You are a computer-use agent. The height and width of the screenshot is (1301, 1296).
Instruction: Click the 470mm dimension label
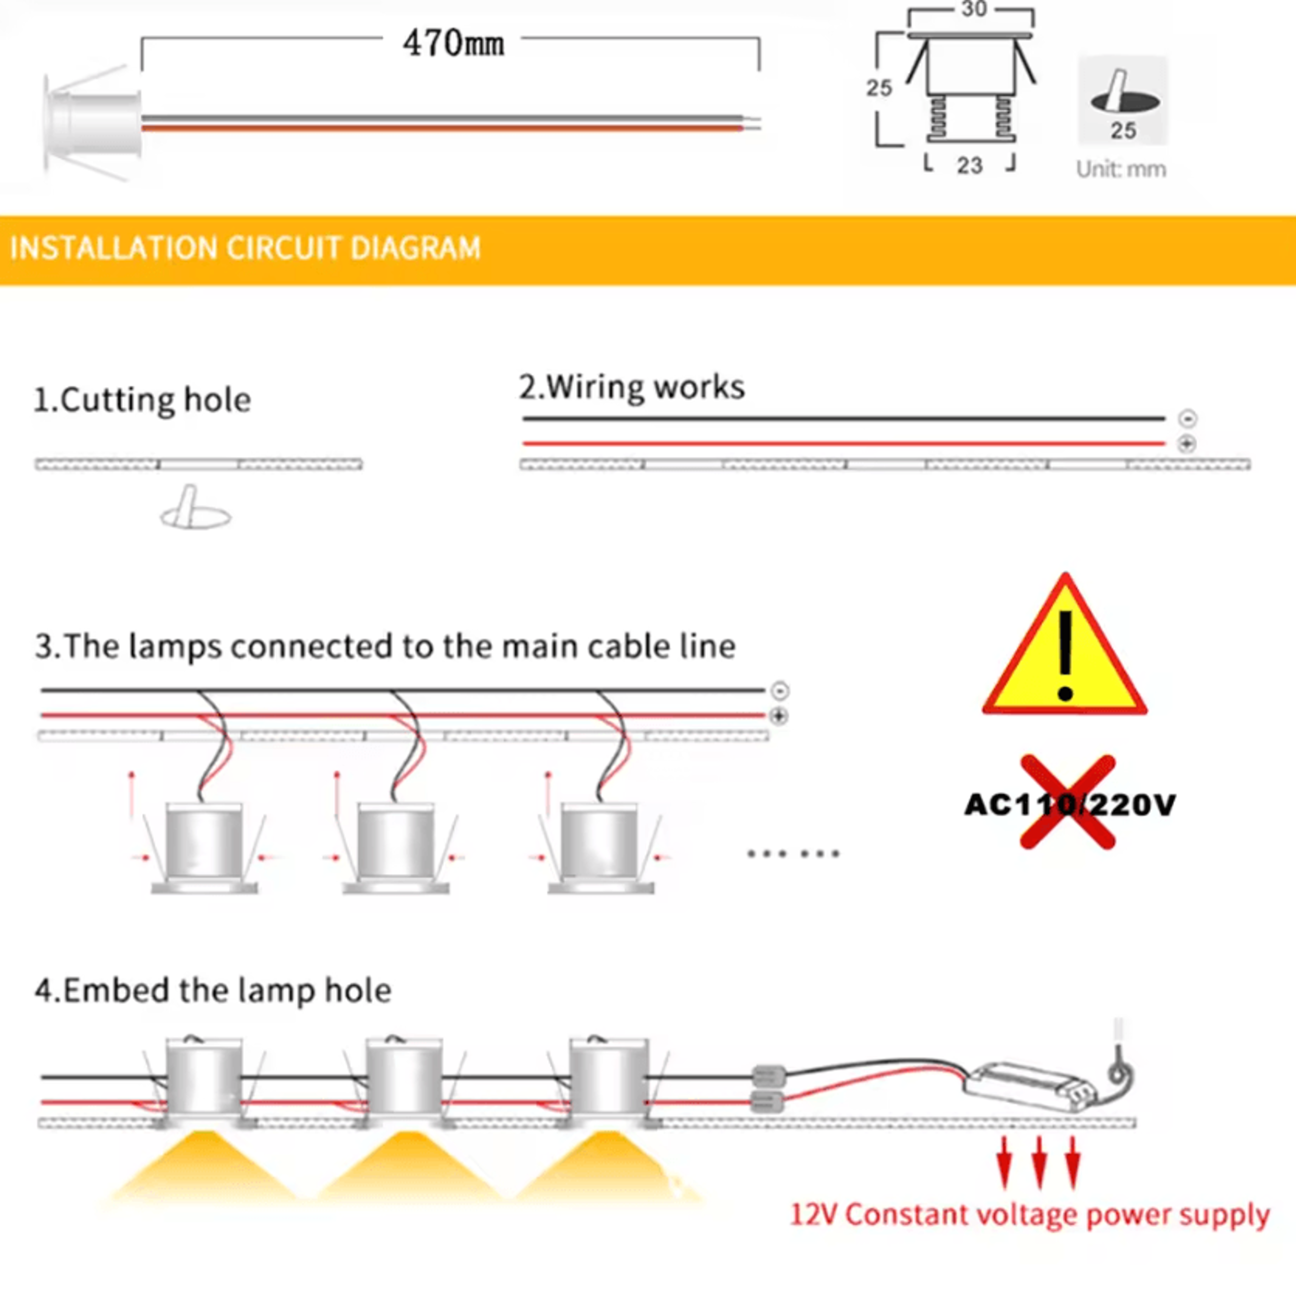click(x=453, y=44)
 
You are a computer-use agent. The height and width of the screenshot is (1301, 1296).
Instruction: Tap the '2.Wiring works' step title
click(x=631, y=387)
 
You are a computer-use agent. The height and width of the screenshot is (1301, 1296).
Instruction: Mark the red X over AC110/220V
click(x=1068, y=802)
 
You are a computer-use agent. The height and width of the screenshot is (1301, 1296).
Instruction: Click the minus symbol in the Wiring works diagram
click(x=1188, y=419)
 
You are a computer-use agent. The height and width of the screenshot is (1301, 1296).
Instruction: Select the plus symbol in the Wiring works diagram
click(x=1187, y=444)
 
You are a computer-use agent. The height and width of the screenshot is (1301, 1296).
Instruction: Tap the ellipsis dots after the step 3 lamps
click(x=793, y=854)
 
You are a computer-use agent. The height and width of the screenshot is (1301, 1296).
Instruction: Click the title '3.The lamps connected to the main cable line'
click(x=385, y=647)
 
